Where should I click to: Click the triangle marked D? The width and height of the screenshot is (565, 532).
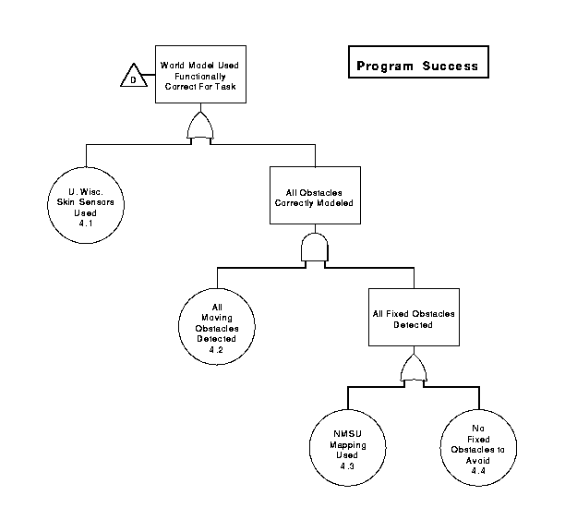134,76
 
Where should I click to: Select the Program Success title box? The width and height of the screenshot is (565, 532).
418,62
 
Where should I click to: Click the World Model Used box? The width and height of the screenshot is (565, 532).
200,74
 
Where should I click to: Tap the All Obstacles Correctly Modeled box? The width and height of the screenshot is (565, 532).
315,195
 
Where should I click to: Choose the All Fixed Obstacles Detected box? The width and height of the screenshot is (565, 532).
414,317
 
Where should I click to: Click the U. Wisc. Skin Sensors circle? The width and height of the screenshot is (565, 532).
86,205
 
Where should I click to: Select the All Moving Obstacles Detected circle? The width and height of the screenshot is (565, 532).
217,327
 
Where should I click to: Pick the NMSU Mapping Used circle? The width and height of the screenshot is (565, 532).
347,448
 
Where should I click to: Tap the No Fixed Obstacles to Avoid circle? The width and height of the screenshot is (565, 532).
478,448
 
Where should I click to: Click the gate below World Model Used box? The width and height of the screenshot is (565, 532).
200,127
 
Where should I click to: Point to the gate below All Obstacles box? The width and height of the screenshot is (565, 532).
315,248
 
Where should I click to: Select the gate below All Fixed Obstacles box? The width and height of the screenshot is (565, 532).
414,369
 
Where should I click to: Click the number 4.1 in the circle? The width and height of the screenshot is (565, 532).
86,224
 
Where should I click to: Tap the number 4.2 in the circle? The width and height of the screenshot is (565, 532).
216,350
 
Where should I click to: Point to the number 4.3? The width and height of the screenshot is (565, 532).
347,466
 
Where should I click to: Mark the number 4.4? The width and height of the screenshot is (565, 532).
478,471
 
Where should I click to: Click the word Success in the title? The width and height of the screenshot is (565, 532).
451,66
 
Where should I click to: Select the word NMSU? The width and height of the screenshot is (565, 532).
347,433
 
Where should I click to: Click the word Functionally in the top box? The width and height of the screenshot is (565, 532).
200,77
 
